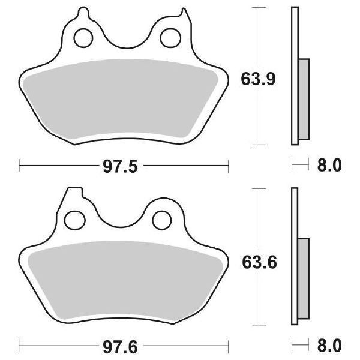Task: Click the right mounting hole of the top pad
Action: (x=168, y=39)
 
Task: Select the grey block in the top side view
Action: (x=304, y=99)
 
